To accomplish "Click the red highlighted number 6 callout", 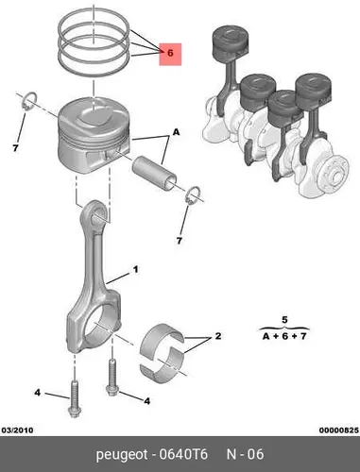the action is tap(170, 54).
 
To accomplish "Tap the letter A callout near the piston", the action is tap(176, 132).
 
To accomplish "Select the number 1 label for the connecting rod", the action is tap(135, 270).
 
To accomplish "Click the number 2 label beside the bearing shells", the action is tap(218, 336).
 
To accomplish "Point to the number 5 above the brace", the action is tap(284, 320).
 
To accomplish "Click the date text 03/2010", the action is tap(17, 430).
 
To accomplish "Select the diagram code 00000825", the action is tap(339, 430).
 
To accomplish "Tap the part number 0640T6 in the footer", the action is tap(183, 454).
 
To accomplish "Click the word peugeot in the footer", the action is tap(122, 455).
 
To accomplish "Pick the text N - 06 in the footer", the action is tap(246, 454).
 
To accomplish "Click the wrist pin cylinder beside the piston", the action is tap(154, 174).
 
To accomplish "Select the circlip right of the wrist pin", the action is tap(193, 195).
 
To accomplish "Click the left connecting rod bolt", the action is tap(74, 398).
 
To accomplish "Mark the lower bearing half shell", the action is tap(163, 363).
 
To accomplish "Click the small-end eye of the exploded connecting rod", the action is tap(95, 213).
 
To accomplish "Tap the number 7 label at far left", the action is tap(15, 147).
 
